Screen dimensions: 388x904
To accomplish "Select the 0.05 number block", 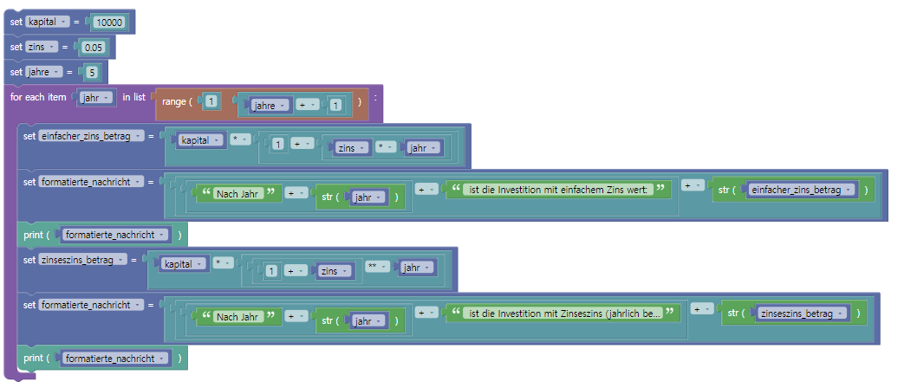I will tap(93, 47).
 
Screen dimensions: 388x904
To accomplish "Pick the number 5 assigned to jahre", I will tap(92, 72).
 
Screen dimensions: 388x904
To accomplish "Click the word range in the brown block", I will tap(173, 102).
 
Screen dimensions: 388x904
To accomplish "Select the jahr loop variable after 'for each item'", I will tap(92, 98).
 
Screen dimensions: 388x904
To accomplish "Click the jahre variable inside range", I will tap(265, 106).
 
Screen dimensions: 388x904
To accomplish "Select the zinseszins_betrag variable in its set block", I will tap(78, 260).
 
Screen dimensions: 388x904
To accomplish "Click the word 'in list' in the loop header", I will tap(133, 98).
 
